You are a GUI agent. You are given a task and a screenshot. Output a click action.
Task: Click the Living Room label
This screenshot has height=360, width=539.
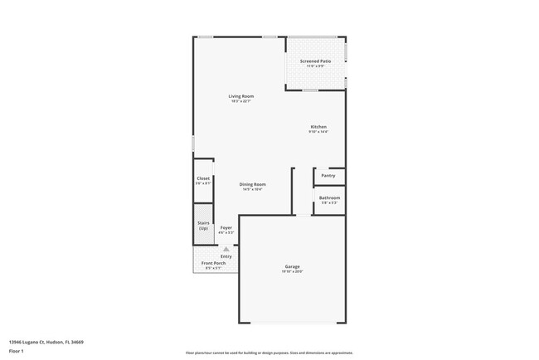(242, 96)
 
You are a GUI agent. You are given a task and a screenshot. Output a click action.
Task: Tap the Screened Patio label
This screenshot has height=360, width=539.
(316, 61)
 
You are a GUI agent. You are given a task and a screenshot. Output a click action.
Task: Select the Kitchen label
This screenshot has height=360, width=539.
(318, 127)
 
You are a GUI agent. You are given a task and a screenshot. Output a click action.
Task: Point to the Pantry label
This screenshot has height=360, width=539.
(328, 175)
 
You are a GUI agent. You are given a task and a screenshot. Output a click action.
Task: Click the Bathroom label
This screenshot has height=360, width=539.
(330, 197)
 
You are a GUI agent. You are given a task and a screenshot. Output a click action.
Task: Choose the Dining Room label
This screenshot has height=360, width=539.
(253, 184)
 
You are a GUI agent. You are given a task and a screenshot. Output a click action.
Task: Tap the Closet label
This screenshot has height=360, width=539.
(203, 178)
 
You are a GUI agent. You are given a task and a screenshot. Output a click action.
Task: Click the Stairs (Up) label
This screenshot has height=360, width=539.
(203, 225)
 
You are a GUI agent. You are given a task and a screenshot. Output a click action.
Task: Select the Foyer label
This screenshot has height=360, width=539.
(226, 227)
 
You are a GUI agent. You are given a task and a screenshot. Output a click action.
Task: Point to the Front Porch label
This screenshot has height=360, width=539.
(213, 263)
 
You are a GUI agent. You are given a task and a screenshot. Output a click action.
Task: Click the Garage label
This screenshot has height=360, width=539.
(293, 266)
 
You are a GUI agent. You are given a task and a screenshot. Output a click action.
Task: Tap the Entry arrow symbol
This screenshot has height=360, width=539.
(226, 248)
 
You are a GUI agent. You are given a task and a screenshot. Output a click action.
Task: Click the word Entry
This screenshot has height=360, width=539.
(226, 256)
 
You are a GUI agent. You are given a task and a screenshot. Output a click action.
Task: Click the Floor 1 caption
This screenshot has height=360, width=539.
(17, 352)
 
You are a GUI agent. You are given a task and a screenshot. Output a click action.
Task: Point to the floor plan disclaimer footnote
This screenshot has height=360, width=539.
(269, 352)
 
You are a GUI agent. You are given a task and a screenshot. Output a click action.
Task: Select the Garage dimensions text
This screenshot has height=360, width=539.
(293, 271)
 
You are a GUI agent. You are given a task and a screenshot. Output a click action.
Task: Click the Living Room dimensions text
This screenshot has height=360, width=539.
(242, 101)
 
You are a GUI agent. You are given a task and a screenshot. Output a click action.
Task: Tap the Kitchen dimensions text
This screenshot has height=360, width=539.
(318, 132)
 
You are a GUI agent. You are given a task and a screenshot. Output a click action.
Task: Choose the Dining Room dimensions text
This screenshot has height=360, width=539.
(253, 189)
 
